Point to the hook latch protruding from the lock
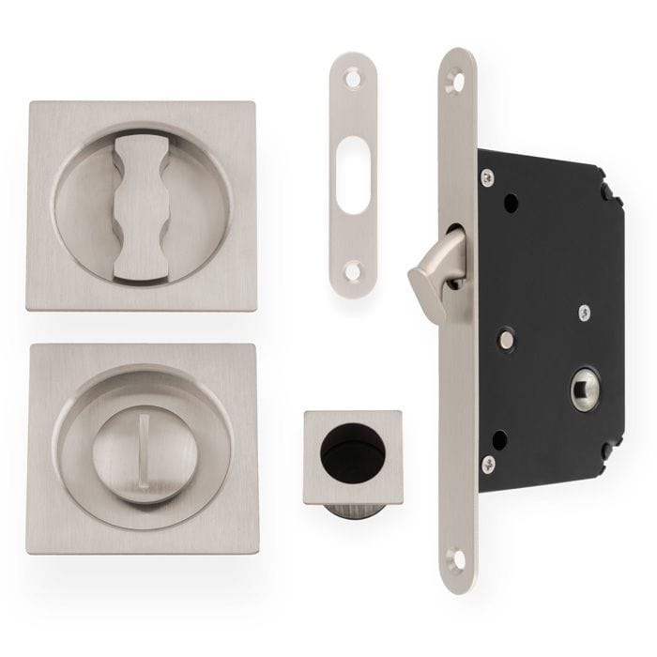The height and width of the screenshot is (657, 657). [433, 269]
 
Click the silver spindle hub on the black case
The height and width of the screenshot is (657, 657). [585, 387]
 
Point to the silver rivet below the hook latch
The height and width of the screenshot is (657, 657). [506, 339]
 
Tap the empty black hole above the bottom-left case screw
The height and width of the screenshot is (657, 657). [501, 438]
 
